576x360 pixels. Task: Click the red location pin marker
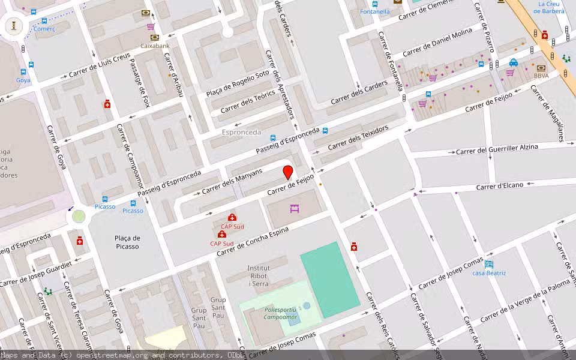288,172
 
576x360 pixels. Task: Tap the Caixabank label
155,46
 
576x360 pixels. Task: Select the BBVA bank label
541,76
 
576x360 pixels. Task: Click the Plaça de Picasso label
127,242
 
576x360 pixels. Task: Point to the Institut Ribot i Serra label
258,275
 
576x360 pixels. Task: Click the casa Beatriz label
489,273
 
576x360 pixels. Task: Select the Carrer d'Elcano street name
500,186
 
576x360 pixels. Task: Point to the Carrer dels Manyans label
232,181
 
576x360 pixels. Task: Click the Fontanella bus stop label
374,11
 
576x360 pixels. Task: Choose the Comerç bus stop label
44,28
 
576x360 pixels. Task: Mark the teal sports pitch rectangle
329,279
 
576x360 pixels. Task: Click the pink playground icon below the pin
294,209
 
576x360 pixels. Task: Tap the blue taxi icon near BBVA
514,62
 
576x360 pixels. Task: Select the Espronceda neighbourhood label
241,132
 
